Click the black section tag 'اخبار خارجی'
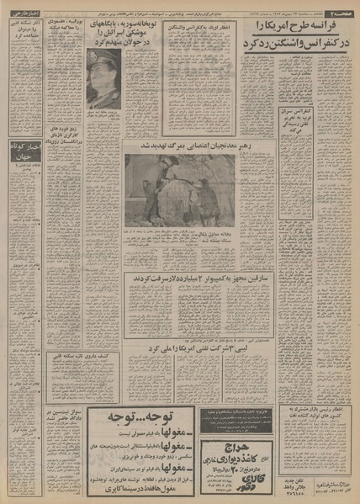pos(23,17)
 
